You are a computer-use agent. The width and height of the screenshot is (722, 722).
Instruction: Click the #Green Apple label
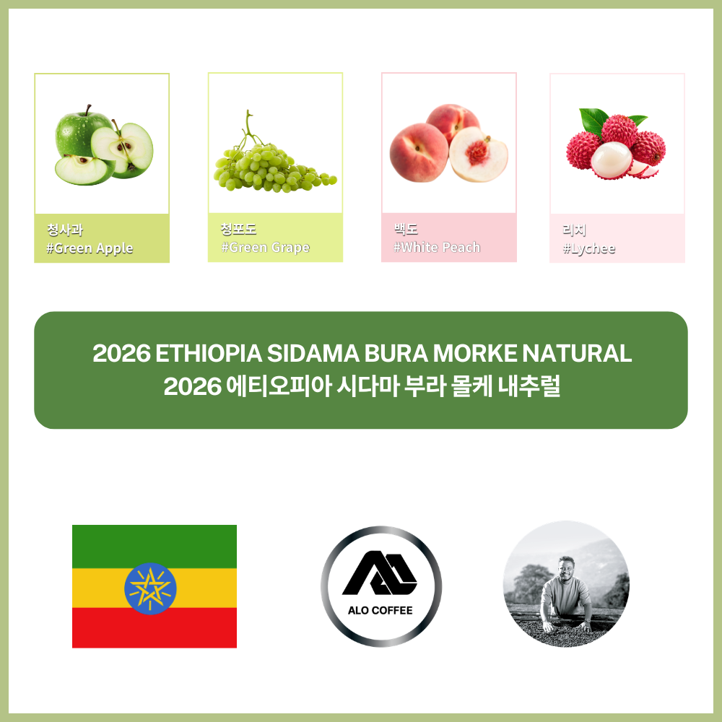pyautogui.click(x=90, y=248)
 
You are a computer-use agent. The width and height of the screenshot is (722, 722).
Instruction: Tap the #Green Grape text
pyautogui.click(x=265, y=247)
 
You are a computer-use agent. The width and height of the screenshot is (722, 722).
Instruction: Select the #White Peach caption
pyautogui.click(x=437, y=247)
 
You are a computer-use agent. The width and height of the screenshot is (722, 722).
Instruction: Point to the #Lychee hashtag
pyautogui.click(x=589, y=248)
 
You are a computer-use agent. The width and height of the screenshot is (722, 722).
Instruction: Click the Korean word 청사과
pyautogui.click(x=65, y=230)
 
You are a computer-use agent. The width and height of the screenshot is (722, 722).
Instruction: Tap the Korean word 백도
pyautogui.click(x=406, y=228)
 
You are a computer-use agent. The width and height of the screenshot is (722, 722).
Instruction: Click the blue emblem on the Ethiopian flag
pyautogui.click(x=150, y=588)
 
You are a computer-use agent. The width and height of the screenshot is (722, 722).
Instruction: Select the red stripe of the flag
pyautogui.click(x=155, y=627)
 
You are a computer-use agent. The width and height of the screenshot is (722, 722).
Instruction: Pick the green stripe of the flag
pyautogui.click(x=155, y=547)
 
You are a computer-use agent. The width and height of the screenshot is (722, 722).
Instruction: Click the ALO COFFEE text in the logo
pyautogui.click(x=380, y=611)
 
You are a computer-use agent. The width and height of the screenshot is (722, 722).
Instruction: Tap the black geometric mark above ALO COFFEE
pyautogui.click(x=380, y=573)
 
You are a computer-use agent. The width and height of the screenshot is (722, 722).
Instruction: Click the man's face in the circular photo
pyautogui.click(x=566, y=568)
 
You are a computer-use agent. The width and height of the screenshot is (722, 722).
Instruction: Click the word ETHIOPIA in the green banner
pyautogui.click(x=209, y=354)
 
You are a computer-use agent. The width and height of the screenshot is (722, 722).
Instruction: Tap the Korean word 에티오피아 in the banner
pyautogui.click(x=279, y=386)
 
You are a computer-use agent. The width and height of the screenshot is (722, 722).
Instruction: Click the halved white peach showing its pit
pyautogui.click(x=479, y=155)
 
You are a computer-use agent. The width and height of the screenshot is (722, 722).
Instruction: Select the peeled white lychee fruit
pyautogui.click(x=611, y=160)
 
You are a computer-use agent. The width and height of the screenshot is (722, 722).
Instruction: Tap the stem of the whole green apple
pyautogui.click(x=87, y=110)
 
